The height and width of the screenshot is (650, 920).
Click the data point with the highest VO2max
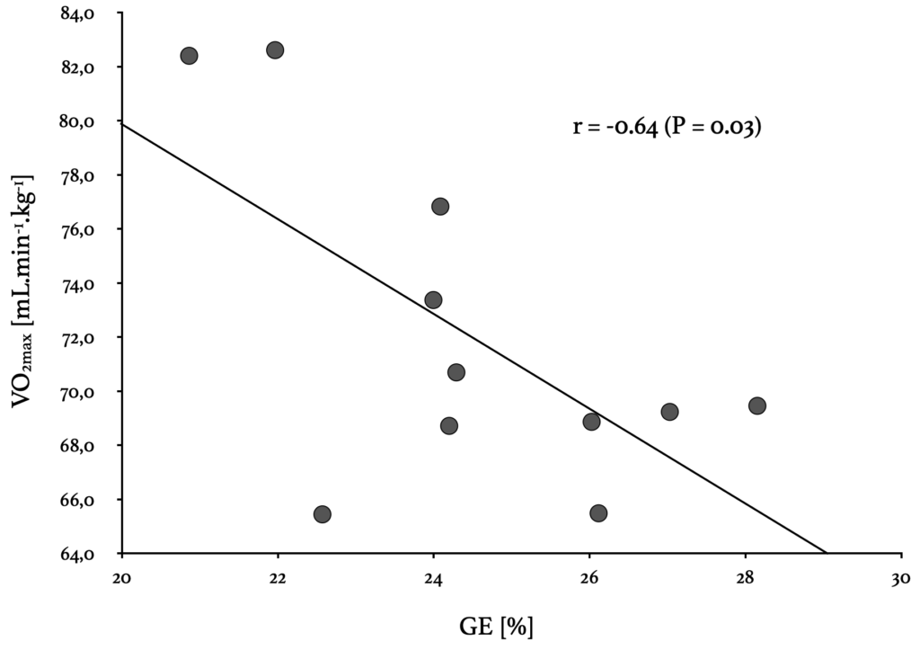(275, 50)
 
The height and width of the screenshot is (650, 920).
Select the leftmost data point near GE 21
(189, 56)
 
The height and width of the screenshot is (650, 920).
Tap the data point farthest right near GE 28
(756, 405)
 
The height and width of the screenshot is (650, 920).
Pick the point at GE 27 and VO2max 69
(669, 412)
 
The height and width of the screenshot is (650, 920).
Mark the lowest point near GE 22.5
(323, 514)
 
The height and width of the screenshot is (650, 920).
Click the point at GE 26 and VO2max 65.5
(598, 512)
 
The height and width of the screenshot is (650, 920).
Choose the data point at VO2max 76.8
(440, 207)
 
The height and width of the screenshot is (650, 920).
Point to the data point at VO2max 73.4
(433, 300)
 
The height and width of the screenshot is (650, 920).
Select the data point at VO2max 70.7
(456, 372)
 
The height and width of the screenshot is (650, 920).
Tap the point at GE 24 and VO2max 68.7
(449, 425)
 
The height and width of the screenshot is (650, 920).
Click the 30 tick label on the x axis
(900, 577)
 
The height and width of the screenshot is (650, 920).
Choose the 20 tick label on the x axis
(122, 577)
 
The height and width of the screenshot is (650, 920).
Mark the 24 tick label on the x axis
(434, 577)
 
